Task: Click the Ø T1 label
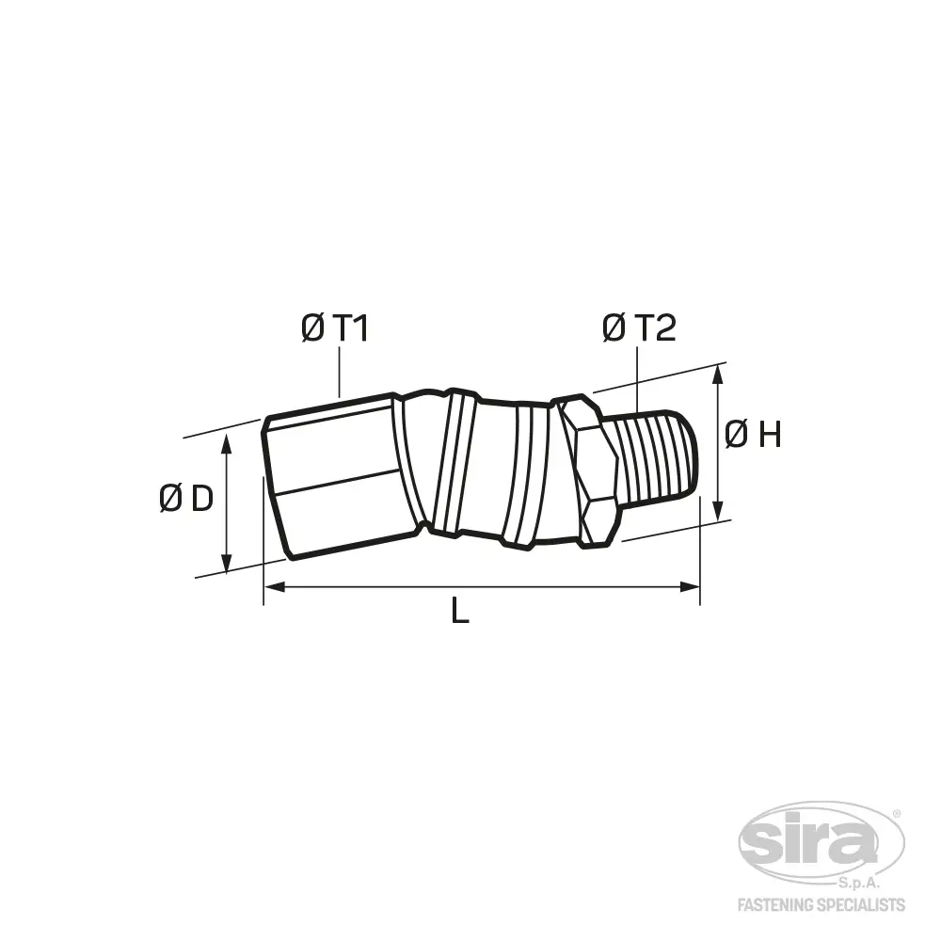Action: tap(335, 328)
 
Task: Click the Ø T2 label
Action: tap(639, 328)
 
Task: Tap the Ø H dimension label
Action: tap(753, 435)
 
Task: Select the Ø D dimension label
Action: tap(186, 499)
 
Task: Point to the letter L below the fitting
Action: tap(460, 612)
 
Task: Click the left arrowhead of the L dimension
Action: tap(274, 586)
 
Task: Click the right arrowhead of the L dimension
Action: tap(690, 586)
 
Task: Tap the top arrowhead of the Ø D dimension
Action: tap(226, 443)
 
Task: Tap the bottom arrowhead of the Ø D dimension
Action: tap(226, 563)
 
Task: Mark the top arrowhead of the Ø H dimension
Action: tap(718, 375)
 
